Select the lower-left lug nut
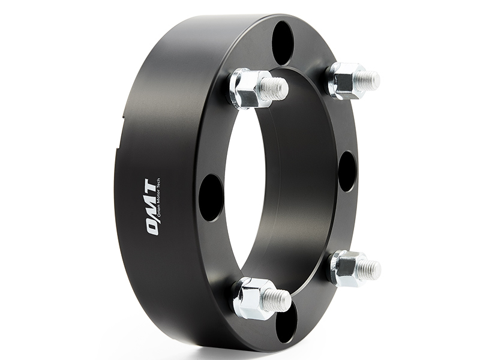252,298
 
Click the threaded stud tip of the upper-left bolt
277,89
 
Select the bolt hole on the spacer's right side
347,171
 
